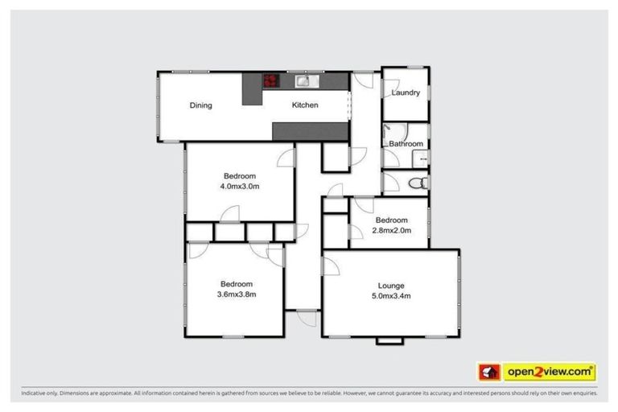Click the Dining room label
point(200,105)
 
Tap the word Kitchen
point(305,105)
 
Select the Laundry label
point(406,93)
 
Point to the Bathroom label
point(406,144)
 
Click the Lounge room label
point(391,286)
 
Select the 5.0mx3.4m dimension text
point(391,296)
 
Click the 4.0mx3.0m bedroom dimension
point(240,187)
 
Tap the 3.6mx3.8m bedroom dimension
point(237,295)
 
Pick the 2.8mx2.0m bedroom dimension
point(391,230)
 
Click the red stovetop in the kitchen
point(271,80)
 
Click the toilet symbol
point(416,183)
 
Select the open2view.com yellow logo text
point(550,372)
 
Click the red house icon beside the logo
point(488,372)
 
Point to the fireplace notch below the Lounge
point(389,340)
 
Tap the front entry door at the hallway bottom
point(305,317)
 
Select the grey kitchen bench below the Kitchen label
point(311,130)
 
